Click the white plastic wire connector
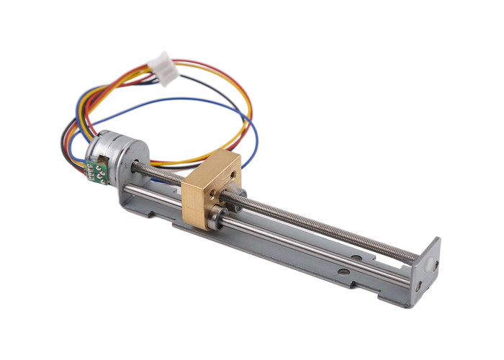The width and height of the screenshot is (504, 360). [167, 69]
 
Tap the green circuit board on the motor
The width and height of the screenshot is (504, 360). [96, 171]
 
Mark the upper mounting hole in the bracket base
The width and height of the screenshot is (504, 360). [355, 256]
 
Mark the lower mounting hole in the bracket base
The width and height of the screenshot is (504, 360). [343, 271]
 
